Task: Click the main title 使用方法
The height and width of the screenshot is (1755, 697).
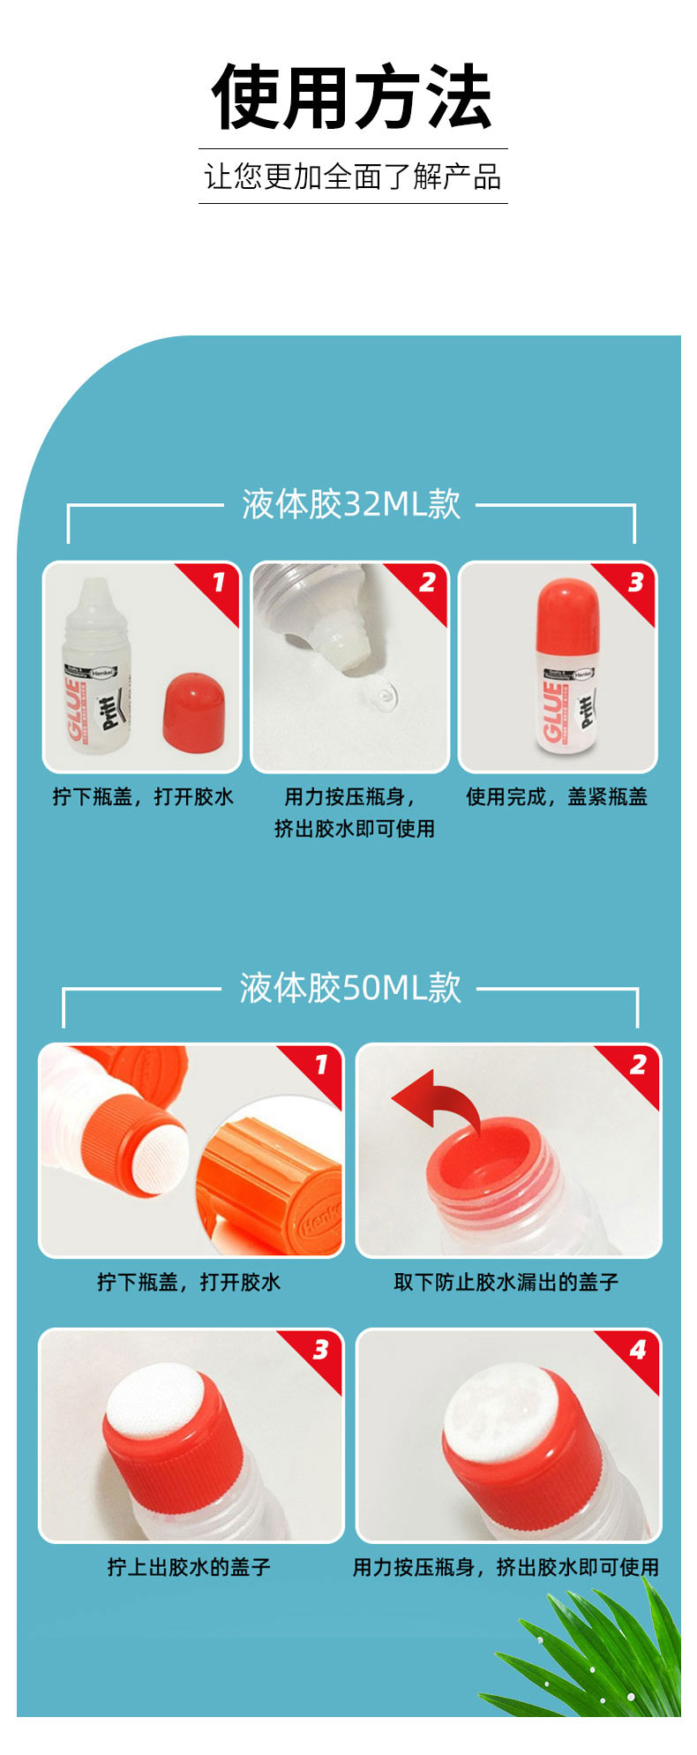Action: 351,96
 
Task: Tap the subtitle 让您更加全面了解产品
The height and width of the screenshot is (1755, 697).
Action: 353,177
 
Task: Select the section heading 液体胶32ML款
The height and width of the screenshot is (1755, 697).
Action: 351,504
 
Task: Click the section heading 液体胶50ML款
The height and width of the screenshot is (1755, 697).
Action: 350,987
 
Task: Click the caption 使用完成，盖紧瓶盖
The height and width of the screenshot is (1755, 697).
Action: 557,797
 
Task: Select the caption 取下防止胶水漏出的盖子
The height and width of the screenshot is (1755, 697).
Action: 506,1282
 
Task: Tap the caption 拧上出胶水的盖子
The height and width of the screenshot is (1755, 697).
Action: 189,1567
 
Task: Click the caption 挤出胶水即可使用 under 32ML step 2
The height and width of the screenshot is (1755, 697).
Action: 354,829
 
